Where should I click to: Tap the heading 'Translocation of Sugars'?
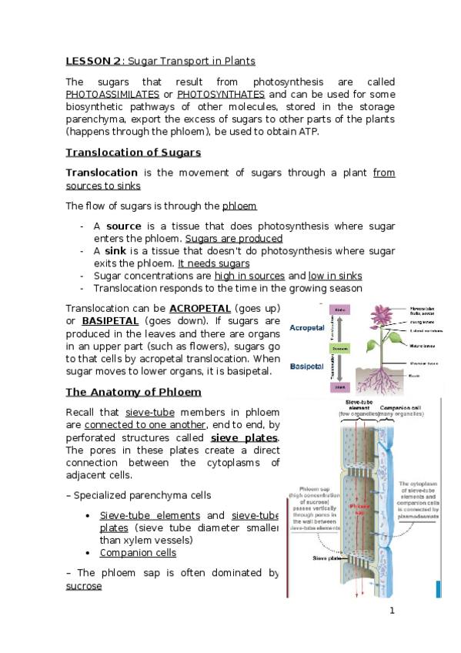tap(133, 152)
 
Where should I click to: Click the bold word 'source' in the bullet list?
tap(123, 226)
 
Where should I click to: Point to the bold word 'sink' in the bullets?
tap(117, 251)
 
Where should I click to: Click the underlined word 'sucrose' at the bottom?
tap(84, 585)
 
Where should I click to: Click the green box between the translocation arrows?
tap(340, 348)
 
